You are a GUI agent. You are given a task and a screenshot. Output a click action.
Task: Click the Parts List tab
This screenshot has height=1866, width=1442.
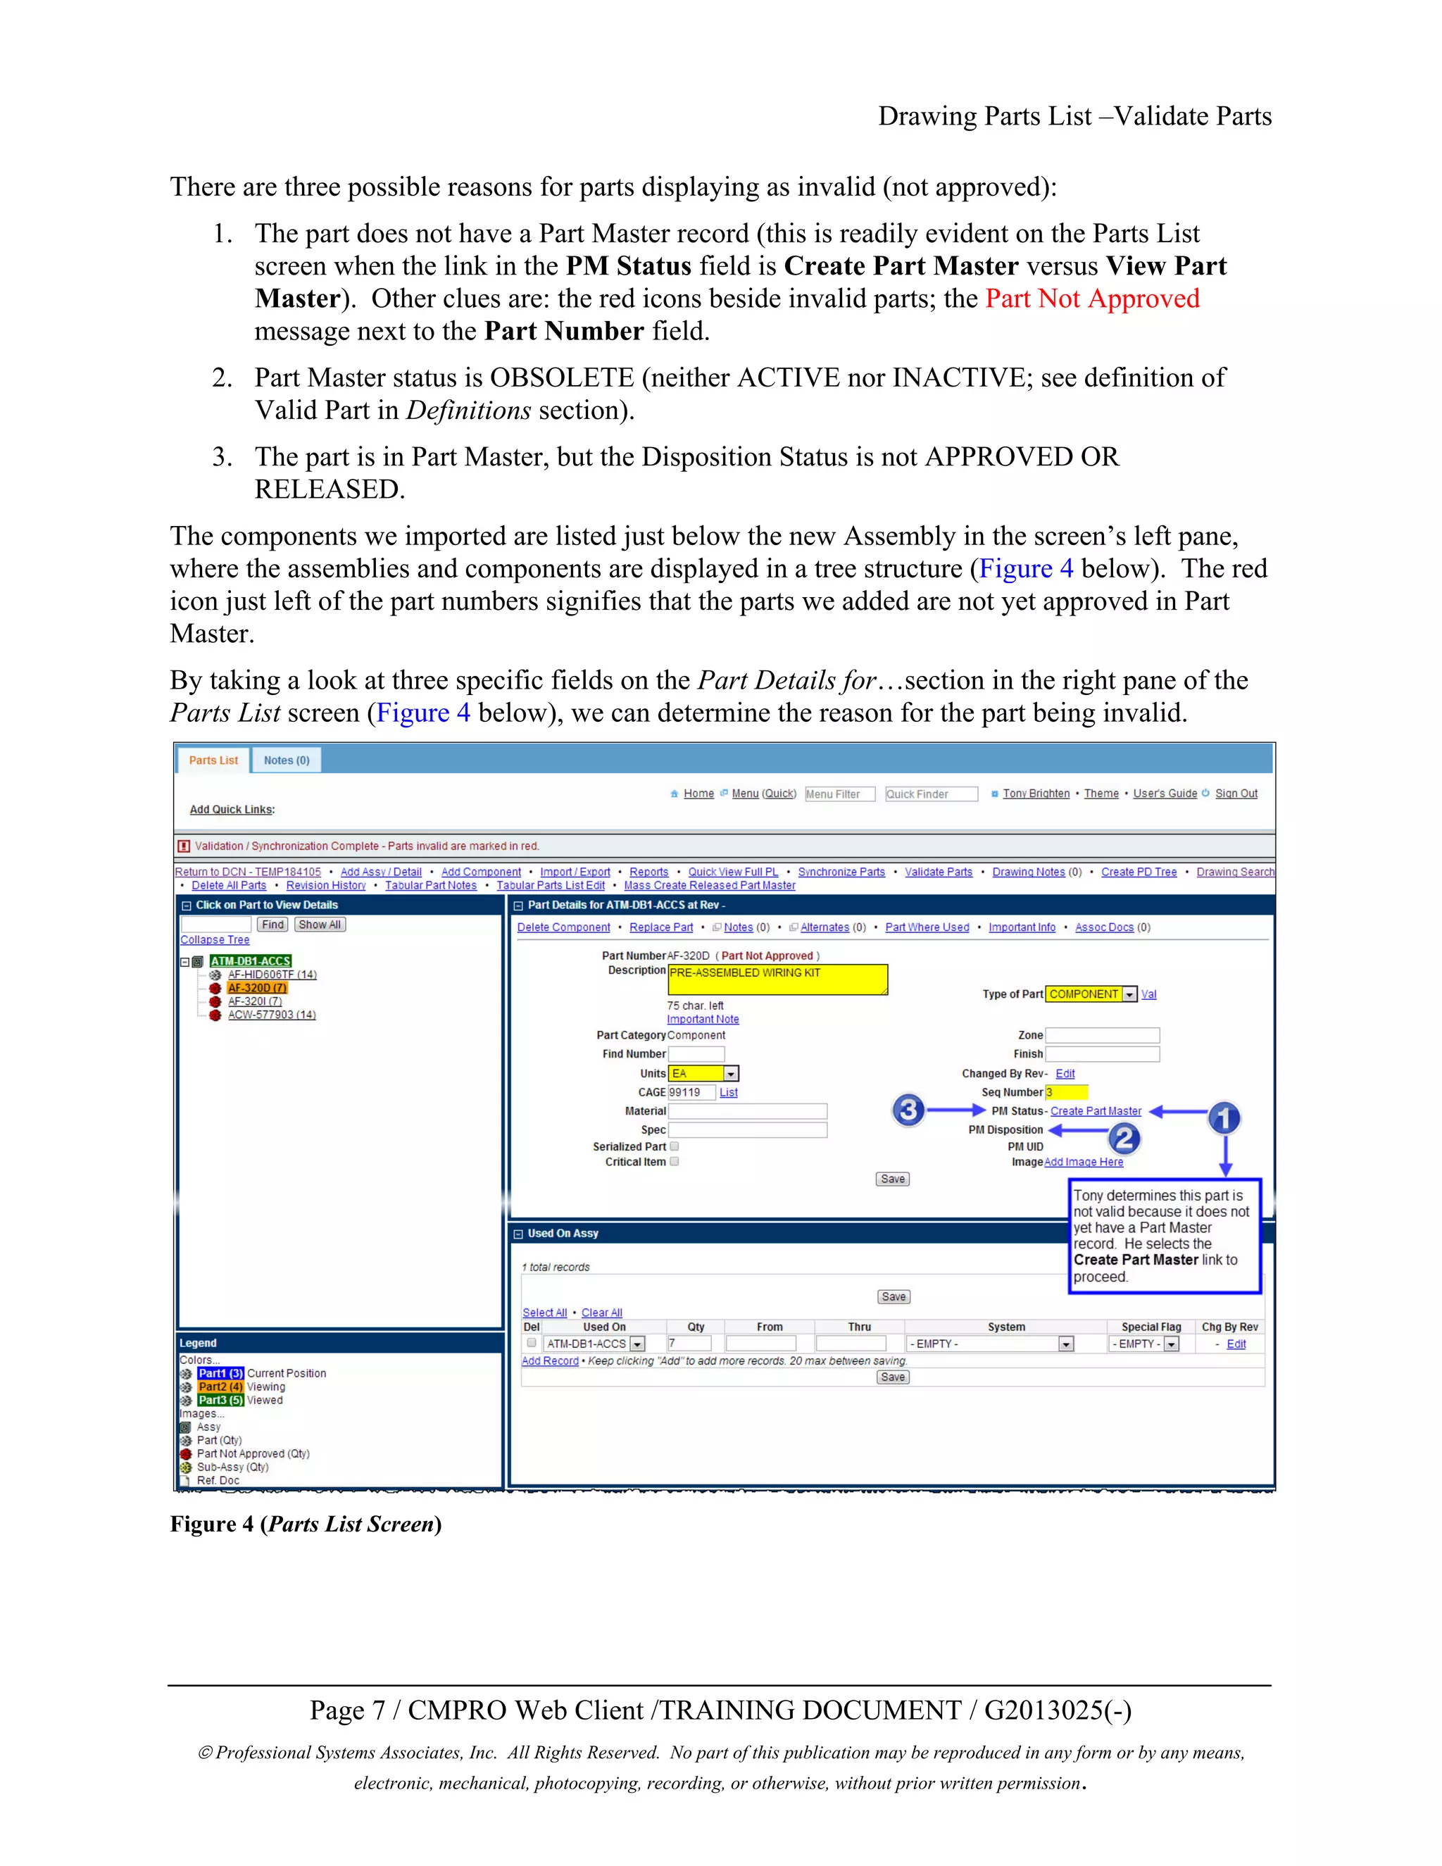[213, 760]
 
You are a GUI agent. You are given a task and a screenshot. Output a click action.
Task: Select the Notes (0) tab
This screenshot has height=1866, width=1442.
[286, 760]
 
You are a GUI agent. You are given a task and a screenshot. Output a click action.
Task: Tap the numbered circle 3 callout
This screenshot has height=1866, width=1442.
[908, 1110]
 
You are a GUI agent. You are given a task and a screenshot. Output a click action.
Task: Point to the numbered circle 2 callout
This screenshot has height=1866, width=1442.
[1124, 1138]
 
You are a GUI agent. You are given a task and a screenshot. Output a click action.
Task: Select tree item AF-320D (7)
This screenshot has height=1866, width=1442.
[256, 988]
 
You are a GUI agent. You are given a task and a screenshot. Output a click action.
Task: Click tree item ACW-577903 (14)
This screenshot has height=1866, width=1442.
[272, 1014]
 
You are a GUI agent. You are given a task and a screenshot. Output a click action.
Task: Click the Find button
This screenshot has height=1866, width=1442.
[272, 925]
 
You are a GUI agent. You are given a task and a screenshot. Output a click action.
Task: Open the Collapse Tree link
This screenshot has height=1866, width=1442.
[215, 940]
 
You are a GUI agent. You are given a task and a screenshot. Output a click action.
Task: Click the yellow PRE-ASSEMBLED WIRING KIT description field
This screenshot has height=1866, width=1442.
[777, 979]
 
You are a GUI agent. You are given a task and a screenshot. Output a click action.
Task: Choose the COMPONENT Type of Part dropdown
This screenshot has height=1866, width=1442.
[1091, 994]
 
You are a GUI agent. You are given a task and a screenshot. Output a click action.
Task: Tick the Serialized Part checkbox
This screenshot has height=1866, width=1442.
[674, 1146]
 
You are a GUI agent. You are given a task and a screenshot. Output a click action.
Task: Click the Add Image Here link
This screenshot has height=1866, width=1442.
[1083, 1162]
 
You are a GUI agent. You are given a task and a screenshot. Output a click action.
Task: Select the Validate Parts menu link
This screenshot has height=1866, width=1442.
[938, 872]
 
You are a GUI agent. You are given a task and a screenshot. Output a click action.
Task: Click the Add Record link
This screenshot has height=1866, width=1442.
[549, 1360]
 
